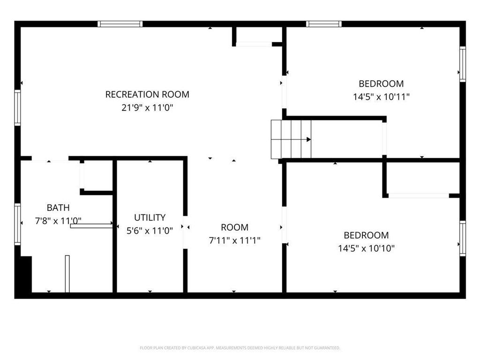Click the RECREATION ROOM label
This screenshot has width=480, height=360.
(147, 94)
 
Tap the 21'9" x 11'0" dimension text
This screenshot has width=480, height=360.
(147, 108)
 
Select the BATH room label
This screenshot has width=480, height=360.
(58, 208)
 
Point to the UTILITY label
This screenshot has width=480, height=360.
(150, 217)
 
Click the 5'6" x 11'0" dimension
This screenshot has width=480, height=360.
(150, 231)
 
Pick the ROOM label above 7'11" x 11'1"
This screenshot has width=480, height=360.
(234, 227)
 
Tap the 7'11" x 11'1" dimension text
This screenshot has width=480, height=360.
(234, 240)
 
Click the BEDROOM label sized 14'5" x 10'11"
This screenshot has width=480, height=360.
(381, 83)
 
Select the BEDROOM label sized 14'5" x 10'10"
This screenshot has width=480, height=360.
(366, 235)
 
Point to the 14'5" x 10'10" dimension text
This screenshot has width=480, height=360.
(366, 248)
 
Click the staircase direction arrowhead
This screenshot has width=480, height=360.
(309, 140)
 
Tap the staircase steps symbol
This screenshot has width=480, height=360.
(291, 139)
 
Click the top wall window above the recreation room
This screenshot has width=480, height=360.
(120, 24)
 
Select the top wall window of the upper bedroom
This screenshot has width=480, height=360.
(324, 24)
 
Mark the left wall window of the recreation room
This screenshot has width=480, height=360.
(17, 107)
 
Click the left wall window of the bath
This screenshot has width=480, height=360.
(17, 224)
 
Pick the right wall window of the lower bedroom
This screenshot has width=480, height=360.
(463, 238)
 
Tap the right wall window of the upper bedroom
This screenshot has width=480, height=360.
(463, 64)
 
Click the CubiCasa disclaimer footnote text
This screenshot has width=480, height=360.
(240, 348)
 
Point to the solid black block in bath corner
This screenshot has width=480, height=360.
(26, 274)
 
